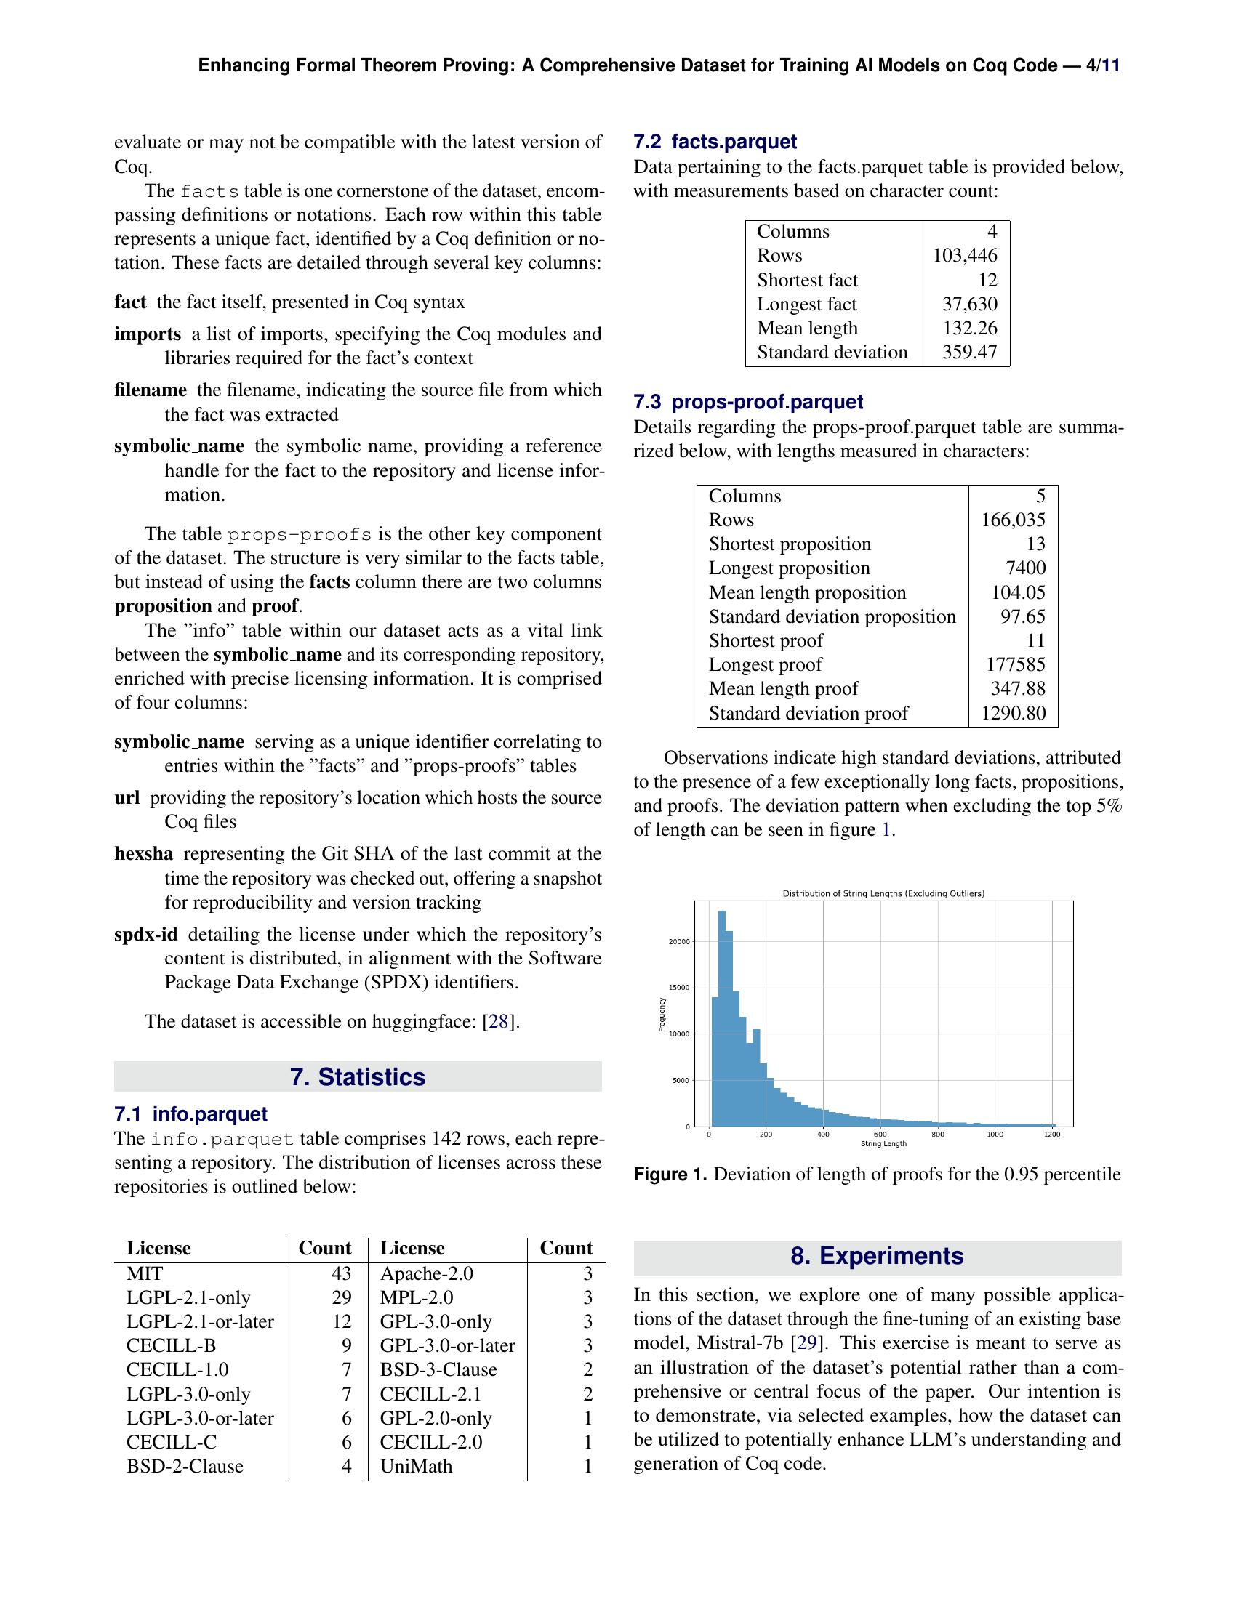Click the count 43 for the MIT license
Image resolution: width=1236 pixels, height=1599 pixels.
tap(340, 1273)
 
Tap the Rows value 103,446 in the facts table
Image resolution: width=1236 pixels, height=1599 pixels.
tap(964, 256)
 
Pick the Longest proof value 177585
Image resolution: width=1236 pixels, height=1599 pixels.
tap(1016, 665)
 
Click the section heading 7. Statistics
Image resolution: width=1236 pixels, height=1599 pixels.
tap(357, 1077)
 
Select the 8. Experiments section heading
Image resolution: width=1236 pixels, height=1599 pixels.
tap(877, 1256)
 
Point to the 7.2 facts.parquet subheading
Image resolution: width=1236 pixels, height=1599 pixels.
tap(715, 141)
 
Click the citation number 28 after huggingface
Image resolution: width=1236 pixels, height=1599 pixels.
tap(498, 1021)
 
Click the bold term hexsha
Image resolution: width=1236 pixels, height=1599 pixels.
tap(143, 854)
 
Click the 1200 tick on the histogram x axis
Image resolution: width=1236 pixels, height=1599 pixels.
tap(1051, 1134)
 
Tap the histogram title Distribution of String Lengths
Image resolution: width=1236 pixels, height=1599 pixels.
tap(883, 893)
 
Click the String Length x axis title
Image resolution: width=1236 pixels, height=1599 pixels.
tap(883, 1143)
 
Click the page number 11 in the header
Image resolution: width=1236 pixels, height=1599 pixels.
tap(1111, 66)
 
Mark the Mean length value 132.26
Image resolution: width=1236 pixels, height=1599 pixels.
tap(969, 328)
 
